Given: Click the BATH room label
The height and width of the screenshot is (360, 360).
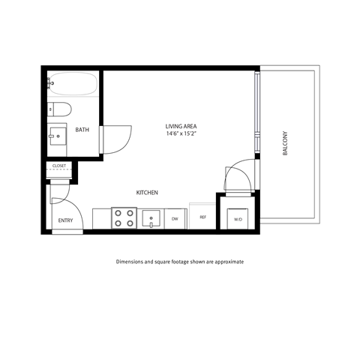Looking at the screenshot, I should pos(82,130).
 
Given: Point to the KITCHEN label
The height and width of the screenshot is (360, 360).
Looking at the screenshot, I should pos(147,193).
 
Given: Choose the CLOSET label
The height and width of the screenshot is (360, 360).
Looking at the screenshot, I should pos(59,166).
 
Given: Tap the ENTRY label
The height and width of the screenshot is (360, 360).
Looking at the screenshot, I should pos(65,220).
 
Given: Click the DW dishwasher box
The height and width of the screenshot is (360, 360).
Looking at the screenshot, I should pos(175,218).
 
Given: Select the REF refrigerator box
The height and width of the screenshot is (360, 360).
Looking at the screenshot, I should pos(202,217).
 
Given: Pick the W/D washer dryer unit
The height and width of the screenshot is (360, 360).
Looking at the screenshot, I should pos(238,219).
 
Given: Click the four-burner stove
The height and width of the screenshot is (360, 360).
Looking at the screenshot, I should pos(123,218).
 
